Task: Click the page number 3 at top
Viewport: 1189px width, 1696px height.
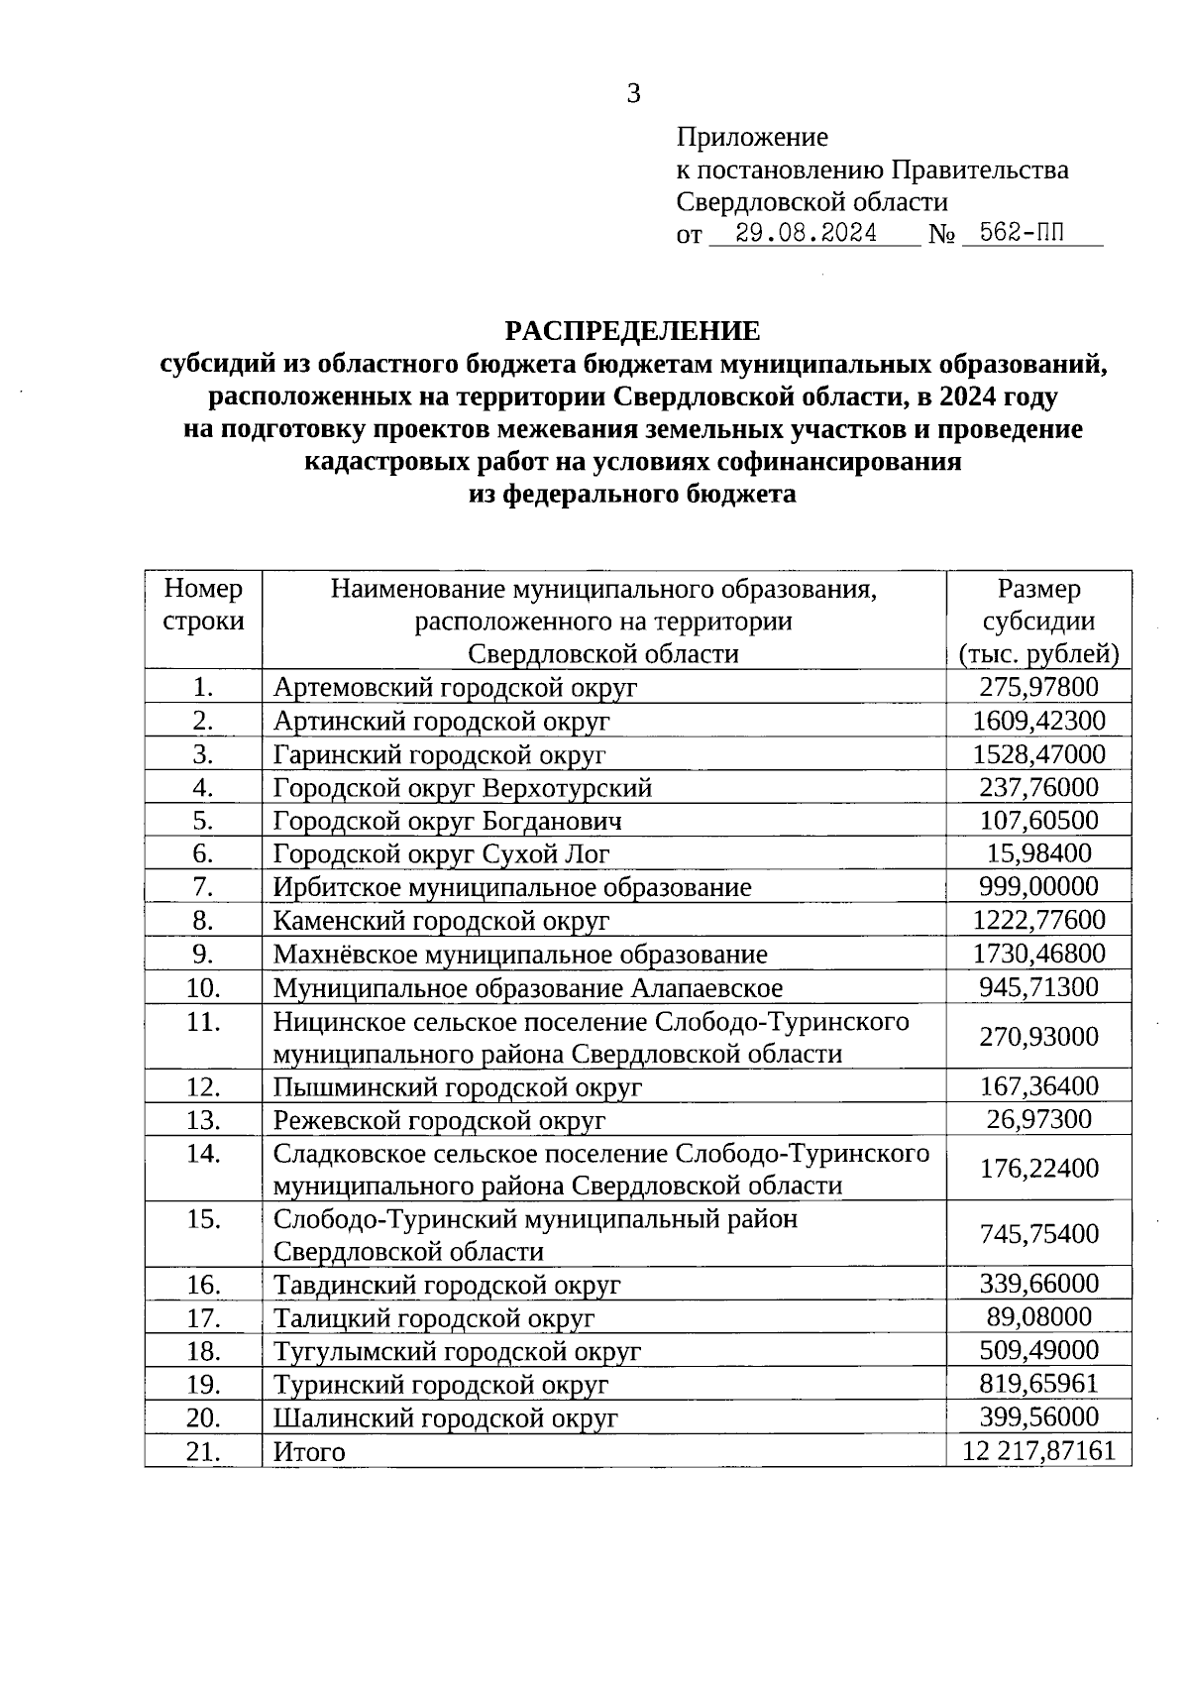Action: pos(633,94)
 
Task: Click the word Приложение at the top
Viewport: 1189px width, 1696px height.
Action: pos(751,137)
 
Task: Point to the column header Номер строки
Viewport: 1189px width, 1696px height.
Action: pos(203,606)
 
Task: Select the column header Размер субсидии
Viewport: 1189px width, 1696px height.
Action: pos(1038,621)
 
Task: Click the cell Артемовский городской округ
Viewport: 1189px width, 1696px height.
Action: pos(455,688)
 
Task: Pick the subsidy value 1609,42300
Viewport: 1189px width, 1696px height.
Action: pos(1038,721)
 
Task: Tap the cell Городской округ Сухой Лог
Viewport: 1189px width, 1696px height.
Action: pos(441,854)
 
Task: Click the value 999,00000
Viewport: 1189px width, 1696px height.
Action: pos(1038,887)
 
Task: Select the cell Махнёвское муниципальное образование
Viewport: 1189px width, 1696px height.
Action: pos(520,955)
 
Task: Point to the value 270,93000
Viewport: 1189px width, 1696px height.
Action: pos(1038,1037)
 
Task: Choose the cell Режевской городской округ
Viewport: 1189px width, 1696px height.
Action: pos(439,1121)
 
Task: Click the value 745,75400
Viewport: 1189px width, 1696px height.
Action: pos(1038,1234)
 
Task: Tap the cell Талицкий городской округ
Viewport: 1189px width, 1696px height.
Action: pos(434,1318)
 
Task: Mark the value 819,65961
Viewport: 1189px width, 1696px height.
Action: pos(1038,1384)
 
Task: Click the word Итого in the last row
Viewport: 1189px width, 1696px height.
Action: pos(309,1453)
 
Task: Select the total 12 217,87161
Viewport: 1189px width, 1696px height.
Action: pos(1038,1452)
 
